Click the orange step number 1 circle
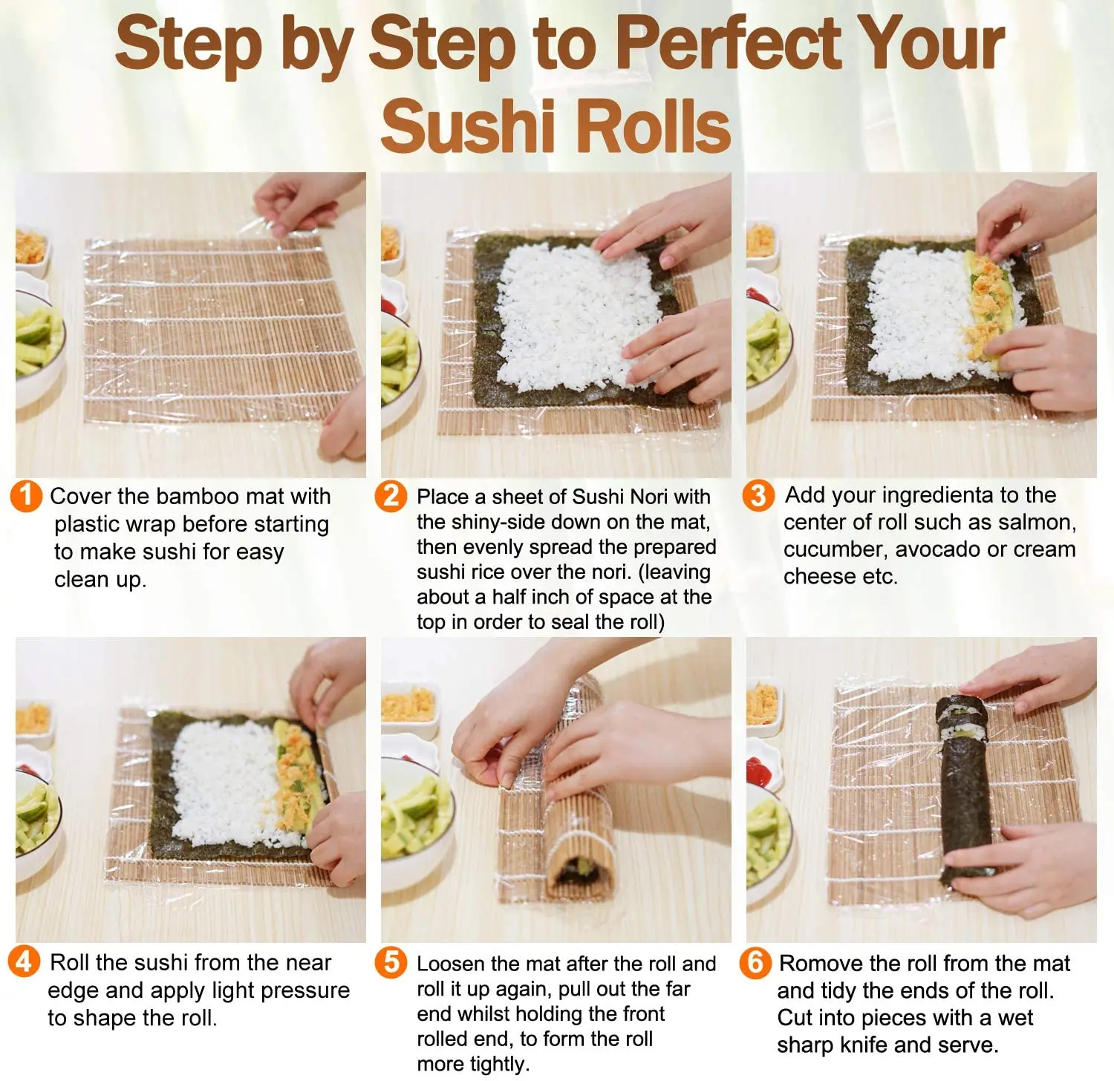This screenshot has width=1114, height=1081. [26, 495]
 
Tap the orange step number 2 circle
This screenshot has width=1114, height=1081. [391, 495]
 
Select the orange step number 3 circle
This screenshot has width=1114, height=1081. [758, 495]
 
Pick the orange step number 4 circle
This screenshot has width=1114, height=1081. [24, 961]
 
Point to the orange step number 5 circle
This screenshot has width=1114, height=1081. [391, 962]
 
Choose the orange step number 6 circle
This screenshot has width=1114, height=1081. [755, 962]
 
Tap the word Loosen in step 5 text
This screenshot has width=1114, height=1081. [452, 964]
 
